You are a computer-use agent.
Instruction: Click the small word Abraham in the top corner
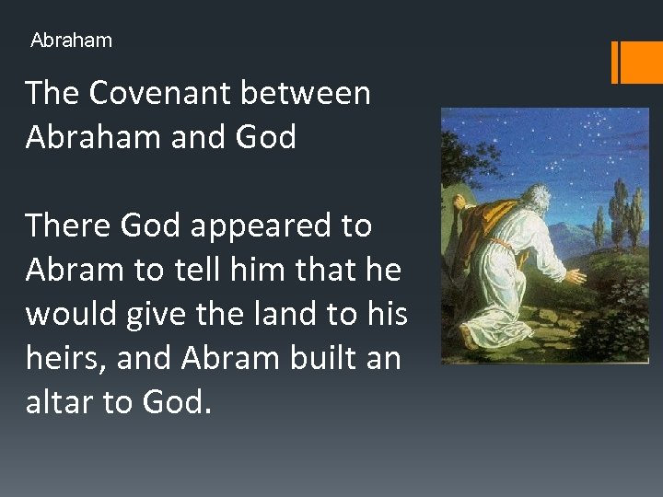point(71,40)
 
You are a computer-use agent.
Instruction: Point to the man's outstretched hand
point(576,275)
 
